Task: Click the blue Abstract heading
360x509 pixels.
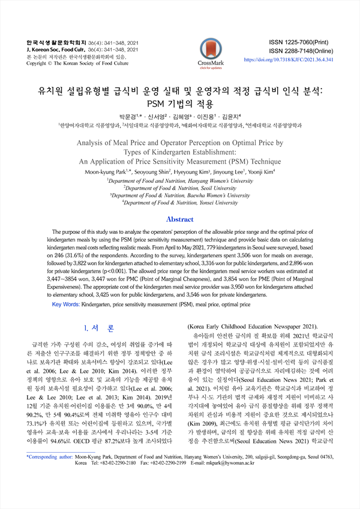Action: tap(179, 219)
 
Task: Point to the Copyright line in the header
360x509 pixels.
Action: tap(77, 62)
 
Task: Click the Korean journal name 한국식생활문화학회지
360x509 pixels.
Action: tap(52, 43)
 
